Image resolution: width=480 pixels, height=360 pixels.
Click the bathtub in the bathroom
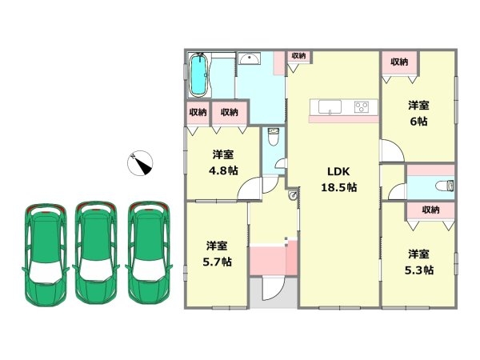pos(199,74)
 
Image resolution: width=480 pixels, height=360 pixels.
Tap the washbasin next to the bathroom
pos(250,58)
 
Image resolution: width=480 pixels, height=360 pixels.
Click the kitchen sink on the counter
pos(330,107)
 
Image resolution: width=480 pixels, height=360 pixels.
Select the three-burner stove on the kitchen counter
pos(362,107)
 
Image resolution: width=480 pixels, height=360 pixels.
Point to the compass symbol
pos(140,163)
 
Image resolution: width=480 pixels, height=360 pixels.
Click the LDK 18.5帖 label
pos(338,179)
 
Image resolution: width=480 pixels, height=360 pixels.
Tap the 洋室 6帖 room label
pos(418,114)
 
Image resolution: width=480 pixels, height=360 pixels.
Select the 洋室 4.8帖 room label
pos(223,162)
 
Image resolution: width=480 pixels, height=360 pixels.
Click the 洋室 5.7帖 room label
pos(217,254)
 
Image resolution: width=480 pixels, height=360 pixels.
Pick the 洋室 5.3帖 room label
pos(418,262)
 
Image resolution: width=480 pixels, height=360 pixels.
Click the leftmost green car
pos(46,254)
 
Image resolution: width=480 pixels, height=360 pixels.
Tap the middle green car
pos(96,253)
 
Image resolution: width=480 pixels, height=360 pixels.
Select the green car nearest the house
pos(149,253)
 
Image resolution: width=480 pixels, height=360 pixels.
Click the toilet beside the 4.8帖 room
pos(273,137)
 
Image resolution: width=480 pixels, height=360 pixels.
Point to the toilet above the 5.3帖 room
pos(444,186)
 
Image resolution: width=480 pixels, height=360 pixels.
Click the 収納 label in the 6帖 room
pos(399,62)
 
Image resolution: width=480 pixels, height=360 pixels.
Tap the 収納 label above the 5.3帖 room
pos(430,210)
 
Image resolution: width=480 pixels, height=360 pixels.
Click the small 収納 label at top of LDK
pos(298,56)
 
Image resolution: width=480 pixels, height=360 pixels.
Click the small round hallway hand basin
pos(293,195)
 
